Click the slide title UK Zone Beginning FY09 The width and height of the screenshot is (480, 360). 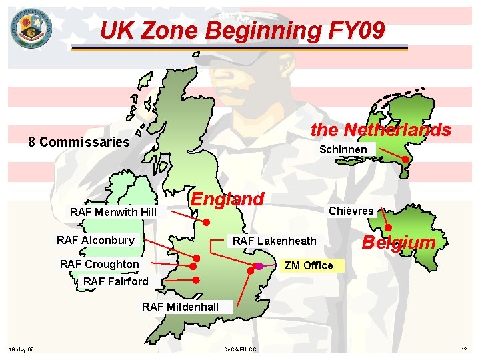(x=242, y=30)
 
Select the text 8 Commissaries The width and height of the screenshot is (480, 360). (x=78, y=142)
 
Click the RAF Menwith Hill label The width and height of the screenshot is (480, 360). (x=113, y=212)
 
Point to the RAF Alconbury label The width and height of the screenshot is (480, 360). (x=95, y=240)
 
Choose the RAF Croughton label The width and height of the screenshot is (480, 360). (x=99, y=264)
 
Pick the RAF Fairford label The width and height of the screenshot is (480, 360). (x=116, y=281)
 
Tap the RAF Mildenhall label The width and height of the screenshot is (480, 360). (x=180, y=307)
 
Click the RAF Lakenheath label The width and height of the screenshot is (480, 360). (x=273, y=240)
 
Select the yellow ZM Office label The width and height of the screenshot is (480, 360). (x=308, y=265)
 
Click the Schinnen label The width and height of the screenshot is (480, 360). (x=343, y=149)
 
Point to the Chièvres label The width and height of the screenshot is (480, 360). (x=351, y=211)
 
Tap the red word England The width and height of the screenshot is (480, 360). (x=227, y=199)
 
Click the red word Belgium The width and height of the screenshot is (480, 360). (x=398, y=242)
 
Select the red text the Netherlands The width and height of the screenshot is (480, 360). (x=381, y=129)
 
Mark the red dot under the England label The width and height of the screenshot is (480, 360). (x=207, y=222)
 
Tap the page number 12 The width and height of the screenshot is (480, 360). (x=464, y=349)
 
